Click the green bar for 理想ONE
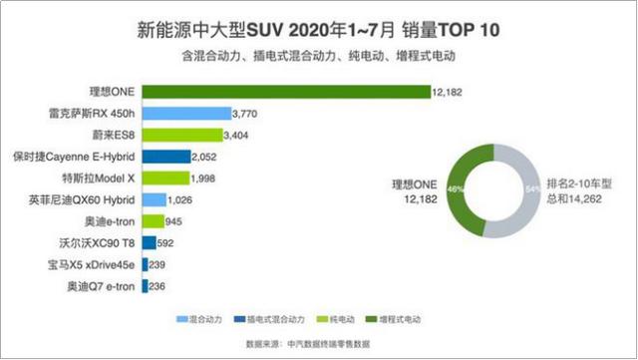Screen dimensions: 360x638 point(286,92)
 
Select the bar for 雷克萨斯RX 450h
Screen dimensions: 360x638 point(186,114)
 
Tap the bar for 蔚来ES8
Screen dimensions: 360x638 point(182,135)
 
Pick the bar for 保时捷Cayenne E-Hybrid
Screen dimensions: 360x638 point(166,157)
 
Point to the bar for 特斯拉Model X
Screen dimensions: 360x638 point(165,178)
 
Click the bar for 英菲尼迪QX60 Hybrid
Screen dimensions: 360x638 point(155,199)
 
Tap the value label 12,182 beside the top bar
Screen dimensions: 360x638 point(449,93)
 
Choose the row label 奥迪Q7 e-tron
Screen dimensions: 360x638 point(101,287)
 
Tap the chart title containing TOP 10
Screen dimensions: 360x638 point(319,29)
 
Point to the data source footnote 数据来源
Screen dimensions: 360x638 point(319,342)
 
